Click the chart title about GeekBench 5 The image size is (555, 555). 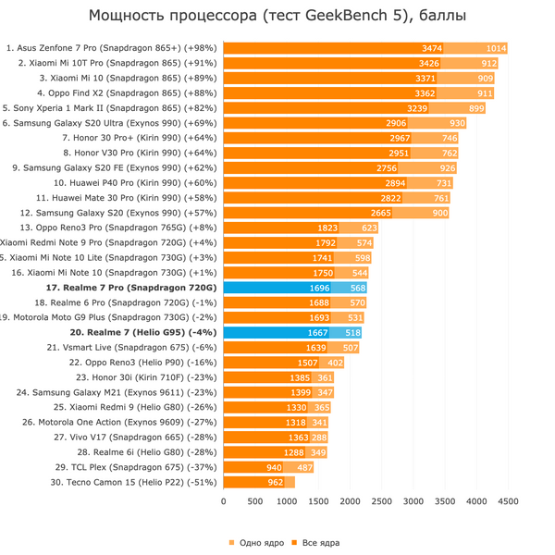277,16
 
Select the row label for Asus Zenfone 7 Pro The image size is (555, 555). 112,48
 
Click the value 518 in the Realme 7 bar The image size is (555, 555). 351,332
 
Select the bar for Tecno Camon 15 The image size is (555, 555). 259,482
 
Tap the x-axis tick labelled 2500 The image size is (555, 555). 381,502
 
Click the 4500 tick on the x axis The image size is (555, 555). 508,502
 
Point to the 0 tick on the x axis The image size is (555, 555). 223,502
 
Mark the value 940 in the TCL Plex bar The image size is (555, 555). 274,467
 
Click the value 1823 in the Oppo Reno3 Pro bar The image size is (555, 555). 327,228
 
